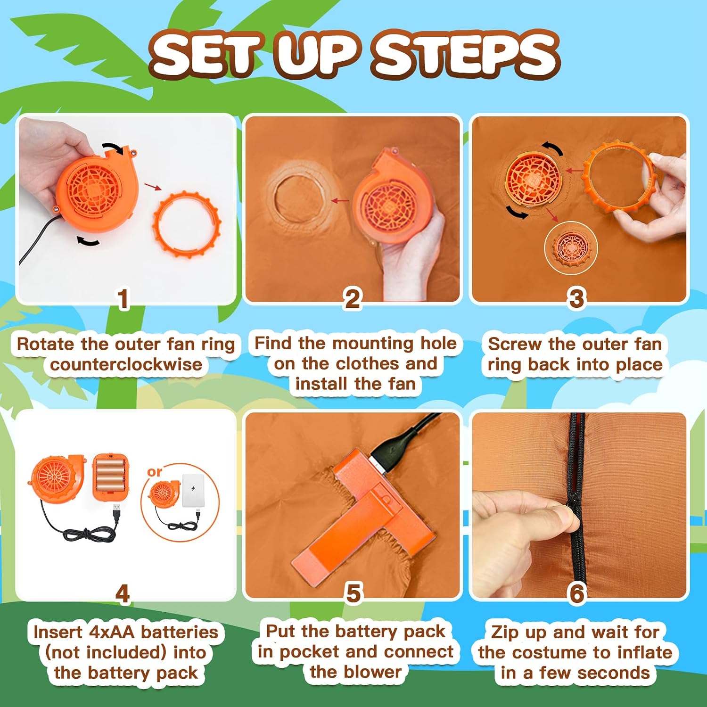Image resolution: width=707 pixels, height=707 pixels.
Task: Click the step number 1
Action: [x=123, y=299]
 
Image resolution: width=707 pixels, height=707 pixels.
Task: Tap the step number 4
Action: [x=123, y=593]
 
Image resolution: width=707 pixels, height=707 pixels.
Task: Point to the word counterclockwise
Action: [x=126, y=364]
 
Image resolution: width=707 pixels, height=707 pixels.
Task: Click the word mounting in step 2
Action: [x=372, y=344]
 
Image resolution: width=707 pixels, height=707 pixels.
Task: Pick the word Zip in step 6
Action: [x=504, y=632]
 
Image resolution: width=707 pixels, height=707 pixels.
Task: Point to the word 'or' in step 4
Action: [x=155, y=471]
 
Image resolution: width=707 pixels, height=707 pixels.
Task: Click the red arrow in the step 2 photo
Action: [x=340, y=201]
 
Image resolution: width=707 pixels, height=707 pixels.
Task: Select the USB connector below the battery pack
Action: [x=117, y=512]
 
